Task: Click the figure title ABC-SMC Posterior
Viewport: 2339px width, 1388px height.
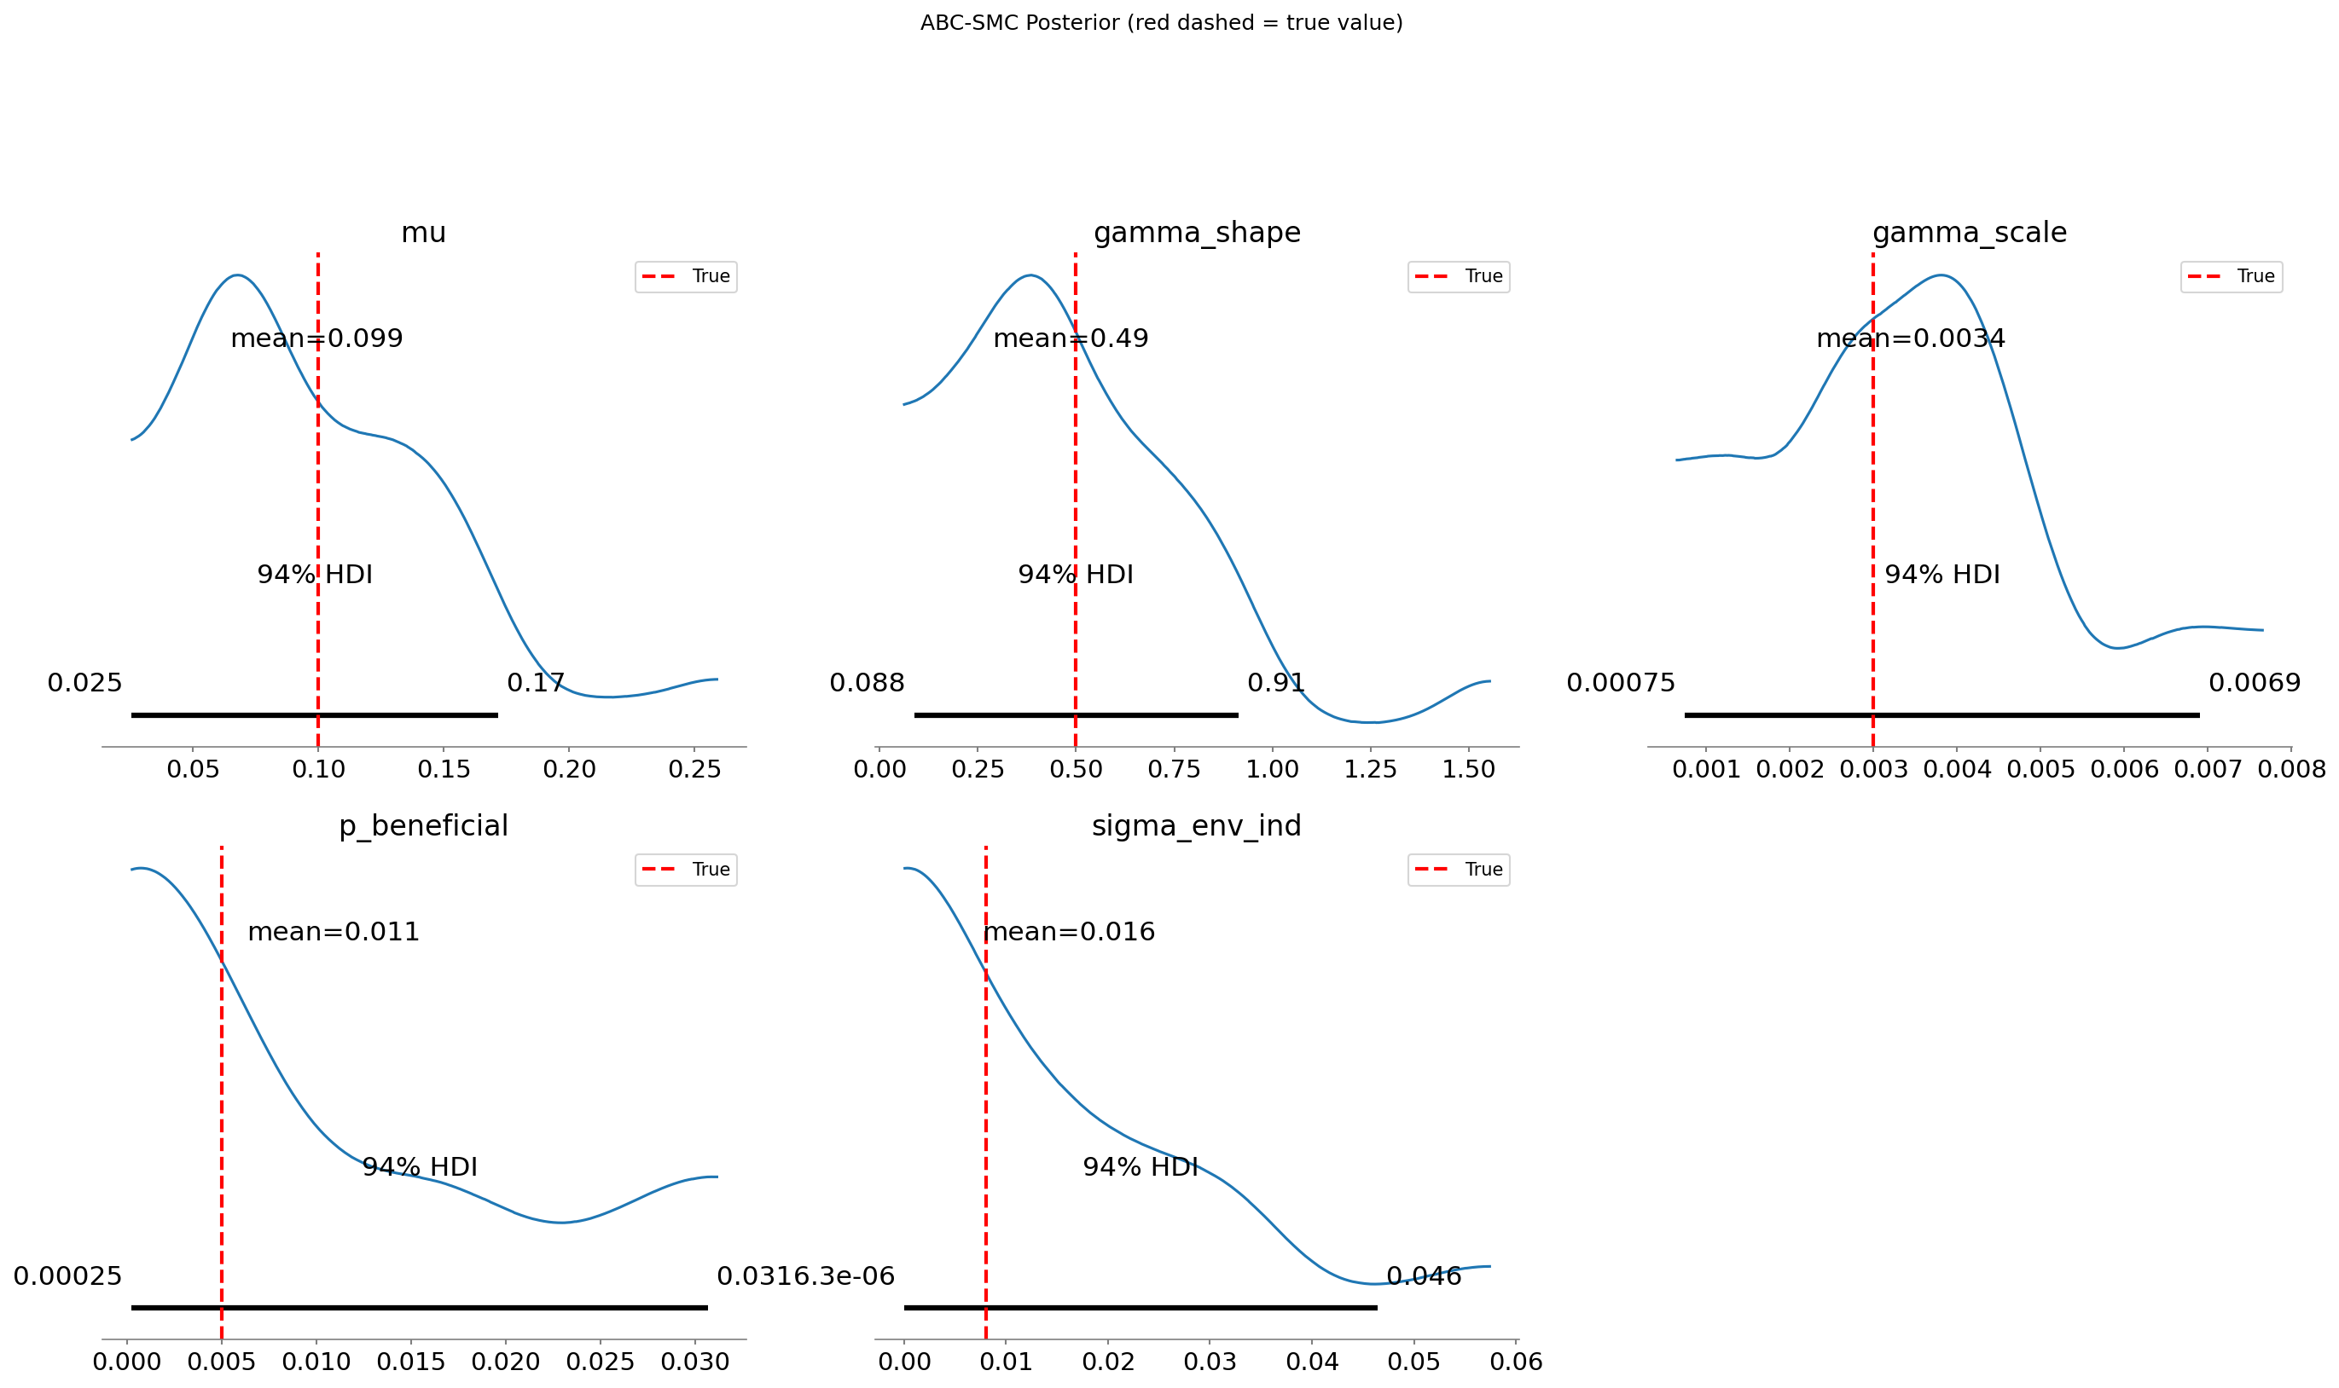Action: point(1161,22)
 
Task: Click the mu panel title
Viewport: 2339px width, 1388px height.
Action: point(423,232)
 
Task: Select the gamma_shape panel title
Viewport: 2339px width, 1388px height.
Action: point(1197,232)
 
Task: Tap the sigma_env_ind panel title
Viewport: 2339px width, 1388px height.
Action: point(1196,825)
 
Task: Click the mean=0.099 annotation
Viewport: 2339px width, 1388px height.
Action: point(316,338)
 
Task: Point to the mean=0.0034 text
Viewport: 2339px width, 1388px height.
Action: point(1910,338)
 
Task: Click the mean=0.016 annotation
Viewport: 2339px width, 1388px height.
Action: point(1069,932)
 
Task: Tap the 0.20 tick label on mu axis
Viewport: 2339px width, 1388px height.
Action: point(569,769)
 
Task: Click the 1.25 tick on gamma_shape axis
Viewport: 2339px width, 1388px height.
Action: point(1370,769)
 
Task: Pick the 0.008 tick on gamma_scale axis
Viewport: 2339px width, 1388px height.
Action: point(2290,769)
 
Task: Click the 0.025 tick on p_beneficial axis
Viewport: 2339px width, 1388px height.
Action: point(600,1361)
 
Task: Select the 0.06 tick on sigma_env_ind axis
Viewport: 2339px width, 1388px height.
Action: point(1516,1361)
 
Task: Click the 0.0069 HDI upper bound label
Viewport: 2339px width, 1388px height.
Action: point(2254,682)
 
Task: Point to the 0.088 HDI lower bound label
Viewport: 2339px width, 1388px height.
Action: point(867,682)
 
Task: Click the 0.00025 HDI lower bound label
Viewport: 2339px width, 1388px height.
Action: point(67,1275)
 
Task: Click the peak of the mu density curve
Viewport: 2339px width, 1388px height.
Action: point(239,275)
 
